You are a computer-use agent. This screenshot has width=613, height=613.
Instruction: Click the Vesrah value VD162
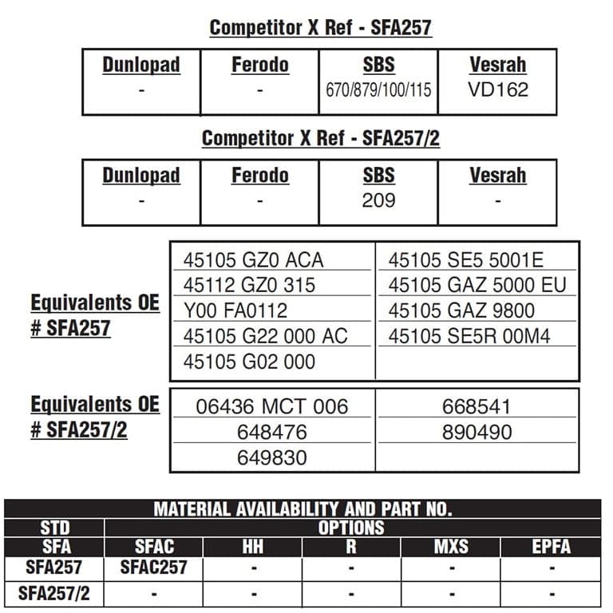pyautogui.click(x=497, y=89)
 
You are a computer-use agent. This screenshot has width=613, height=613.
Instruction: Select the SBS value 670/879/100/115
pyautogui.click(x=378, y=90)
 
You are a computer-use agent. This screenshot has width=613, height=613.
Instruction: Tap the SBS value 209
pyautogui.click(x=378, y=200)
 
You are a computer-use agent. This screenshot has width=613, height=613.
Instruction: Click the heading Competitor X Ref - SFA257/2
pyautogui.click(x=320, y=138)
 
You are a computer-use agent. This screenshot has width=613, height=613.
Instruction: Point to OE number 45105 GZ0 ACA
pyautogui.click(x=253, y=260)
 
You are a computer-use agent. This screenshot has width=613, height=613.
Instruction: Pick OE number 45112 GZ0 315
pyautogui.click(x=249, y=285)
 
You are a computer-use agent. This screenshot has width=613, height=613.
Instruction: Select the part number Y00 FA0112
pyautogui.click(x=235, y=310)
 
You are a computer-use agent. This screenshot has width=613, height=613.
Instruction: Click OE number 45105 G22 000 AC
pyautogui.click(x=265, y=336)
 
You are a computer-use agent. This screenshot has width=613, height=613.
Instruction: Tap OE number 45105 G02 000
pyautogui.click(x=249, y=362)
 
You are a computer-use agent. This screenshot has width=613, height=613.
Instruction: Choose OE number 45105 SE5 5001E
pyautogui.click(x=465, y=260)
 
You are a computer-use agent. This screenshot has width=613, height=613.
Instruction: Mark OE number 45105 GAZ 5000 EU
pyautogui.click(x=477, y=285)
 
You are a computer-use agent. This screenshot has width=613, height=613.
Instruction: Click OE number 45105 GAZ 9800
pyautogui.click(x=461, y=310)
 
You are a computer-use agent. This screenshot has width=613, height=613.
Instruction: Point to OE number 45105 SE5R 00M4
pyautogui.click(x=469, y=336)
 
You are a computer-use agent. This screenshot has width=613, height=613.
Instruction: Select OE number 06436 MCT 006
pyautogui.click(x=272, y=406)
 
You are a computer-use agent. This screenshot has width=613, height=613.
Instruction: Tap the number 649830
pyautogui.click(x=272, y=458)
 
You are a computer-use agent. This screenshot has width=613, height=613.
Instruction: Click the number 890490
pyautogui.click(x=477, y=432)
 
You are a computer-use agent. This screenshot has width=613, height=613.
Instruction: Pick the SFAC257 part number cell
pyautogui.click(x=154, y=568)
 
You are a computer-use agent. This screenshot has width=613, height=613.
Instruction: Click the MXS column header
pyautogui.click(x=451, y=548)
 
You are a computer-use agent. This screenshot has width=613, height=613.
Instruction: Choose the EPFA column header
pyautogui.click(x=551, y=548)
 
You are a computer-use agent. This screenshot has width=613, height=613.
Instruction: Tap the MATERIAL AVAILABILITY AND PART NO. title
pyautogui.click(x=303, y=508)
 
